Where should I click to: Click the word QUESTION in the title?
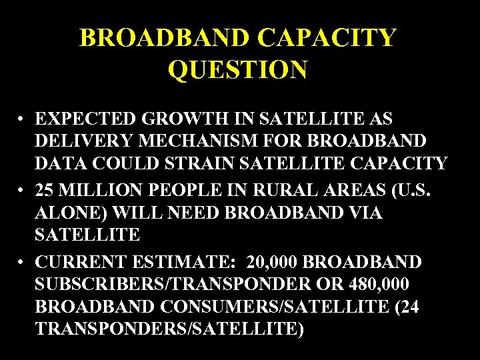237,69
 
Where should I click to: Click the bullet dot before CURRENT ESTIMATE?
23,259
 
